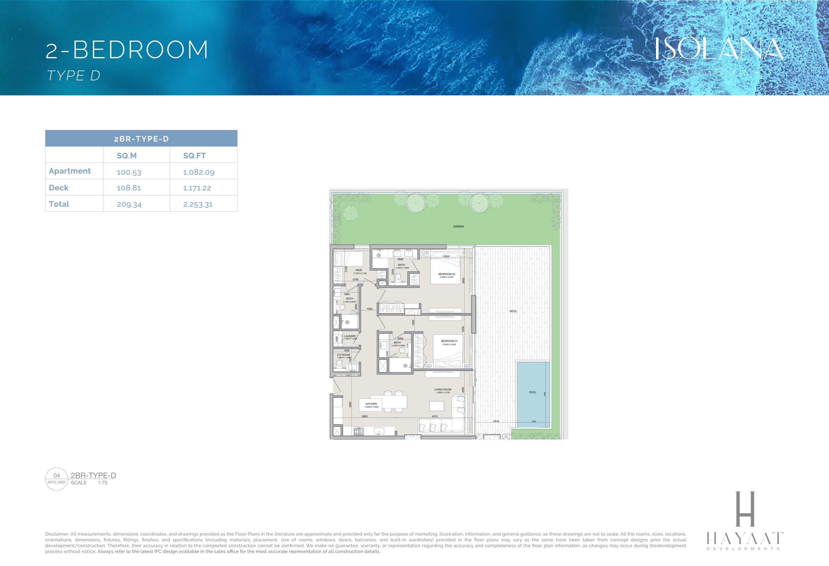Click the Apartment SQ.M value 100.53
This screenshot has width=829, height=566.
pyautogui.click(x=129, y=172)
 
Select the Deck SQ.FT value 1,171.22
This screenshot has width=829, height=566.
pyautogui.click(x=197, y=188)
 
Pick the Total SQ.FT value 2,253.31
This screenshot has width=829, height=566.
pyautogui.click(x=198, y=204)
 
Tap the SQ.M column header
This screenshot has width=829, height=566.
pyautogui.click(x=127, y=156)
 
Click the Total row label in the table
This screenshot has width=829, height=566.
pyautogui.click(x=59, y=204)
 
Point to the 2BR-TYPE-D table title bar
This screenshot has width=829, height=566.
pyautogui.click(x=141, y=139)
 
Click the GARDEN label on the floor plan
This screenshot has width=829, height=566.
pyautogui.click(x=458, y=226)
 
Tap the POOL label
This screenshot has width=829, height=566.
pyautogui.click(x=532, y=392)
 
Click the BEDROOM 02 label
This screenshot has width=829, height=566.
pyautogui.click(x=447, y=274)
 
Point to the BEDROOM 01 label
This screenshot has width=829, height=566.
pyautogui.click(x=449, y=341)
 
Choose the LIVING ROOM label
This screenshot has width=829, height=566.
pyautogui.click(x=443, y=389)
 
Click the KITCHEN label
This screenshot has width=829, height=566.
pyautogui.click(x=371, y=404)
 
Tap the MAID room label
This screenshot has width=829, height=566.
pyautogui.click(x=359, y=270)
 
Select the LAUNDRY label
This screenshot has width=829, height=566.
pyautogui.click(x=350, y=336)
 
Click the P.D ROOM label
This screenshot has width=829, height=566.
pyautogui.click(x=343, y=355)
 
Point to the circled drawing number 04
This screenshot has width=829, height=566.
pyautogui.click(x=57, y=475)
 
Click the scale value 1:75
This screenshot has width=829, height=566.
pyautogui.click(x=102, y=483)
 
